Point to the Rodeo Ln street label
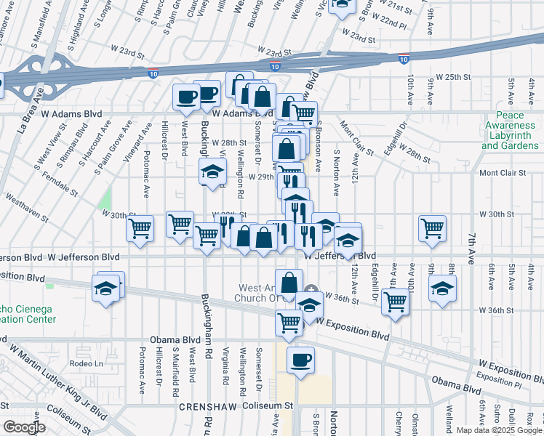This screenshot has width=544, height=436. pyautogui.click(x=82, y=363)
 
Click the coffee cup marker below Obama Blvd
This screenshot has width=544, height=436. pyautogui.click(x=300, y=359)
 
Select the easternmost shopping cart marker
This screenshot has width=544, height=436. pyautogui.click(x=433, y=227)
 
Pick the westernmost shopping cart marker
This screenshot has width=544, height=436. pyautogui.click(x=140, y=227)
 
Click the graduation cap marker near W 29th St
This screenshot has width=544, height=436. pyautogui.click(x=212, y=172)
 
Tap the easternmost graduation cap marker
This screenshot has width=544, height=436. pyautogui.click(x=442, y=288)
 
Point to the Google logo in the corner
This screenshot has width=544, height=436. pyautogui.click(x=24, y=427)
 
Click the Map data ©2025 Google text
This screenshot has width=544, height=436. pyautogui.click(x=499, y=430)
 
